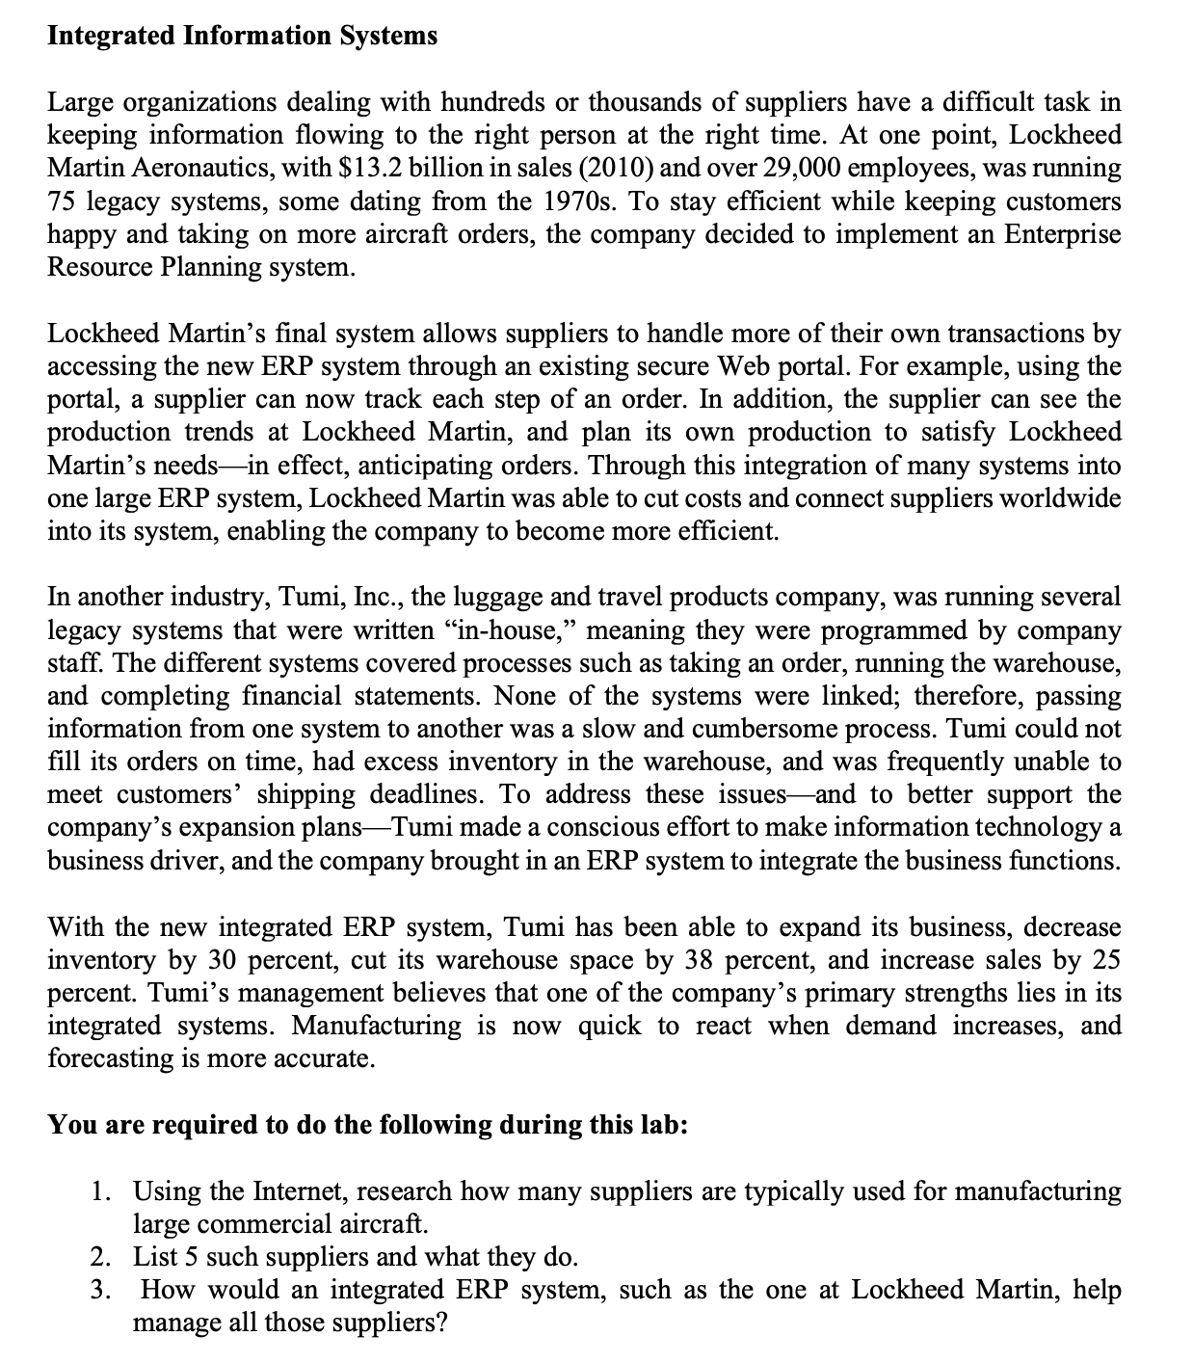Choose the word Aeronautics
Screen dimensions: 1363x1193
pos(172,168)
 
